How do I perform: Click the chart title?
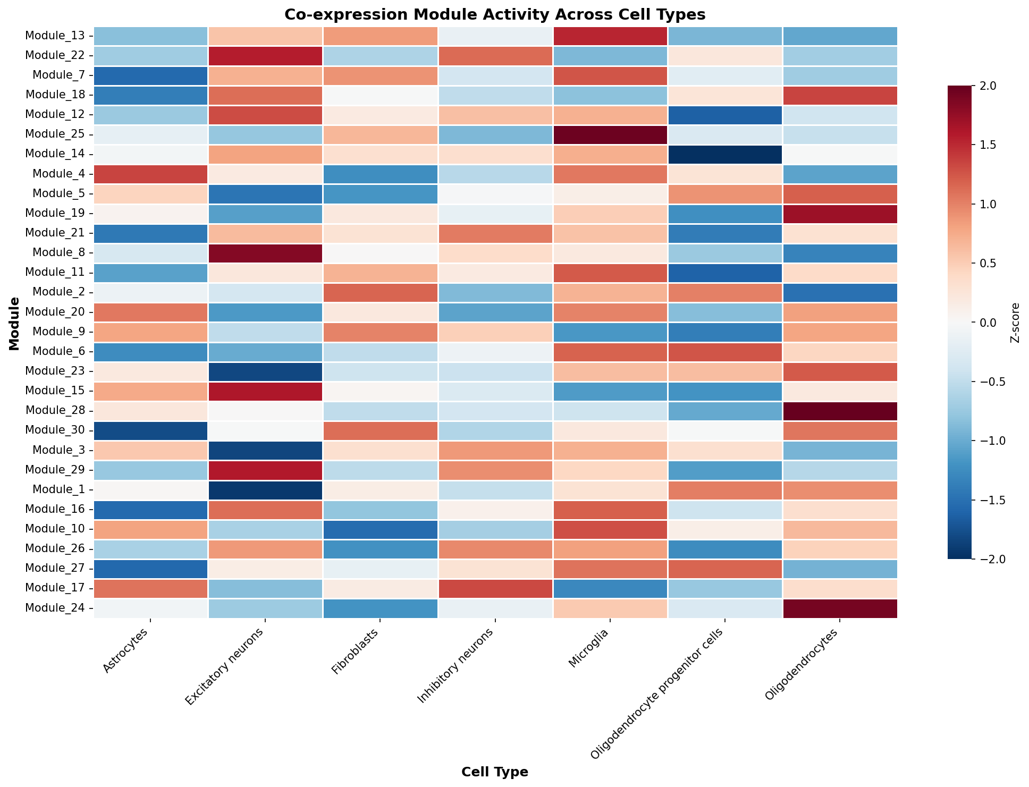coord(495,14)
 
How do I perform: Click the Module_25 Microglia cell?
coord(610,134)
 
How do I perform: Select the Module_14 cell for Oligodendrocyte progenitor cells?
coord(725,154)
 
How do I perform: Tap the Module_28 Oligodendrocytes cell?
coord(840,411)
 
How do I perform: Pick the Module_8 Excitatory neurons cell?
coord(265,253)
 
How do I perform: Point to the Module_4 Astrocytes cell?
coord(150,174)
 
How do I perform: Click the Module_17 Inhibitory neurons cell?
coord(495,588)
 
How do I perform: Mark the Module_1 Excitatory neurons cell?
coord(265,489)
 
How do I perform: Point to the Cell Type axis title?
coord(495,772)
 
